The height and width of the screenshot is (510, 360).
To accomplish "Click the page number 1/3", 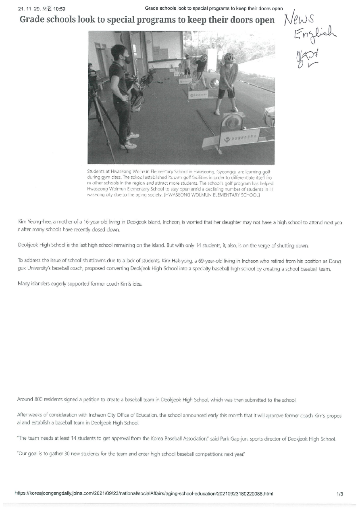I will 339,493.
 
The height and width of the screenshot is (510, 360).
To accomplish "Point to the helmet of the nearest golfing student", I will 229,58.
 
